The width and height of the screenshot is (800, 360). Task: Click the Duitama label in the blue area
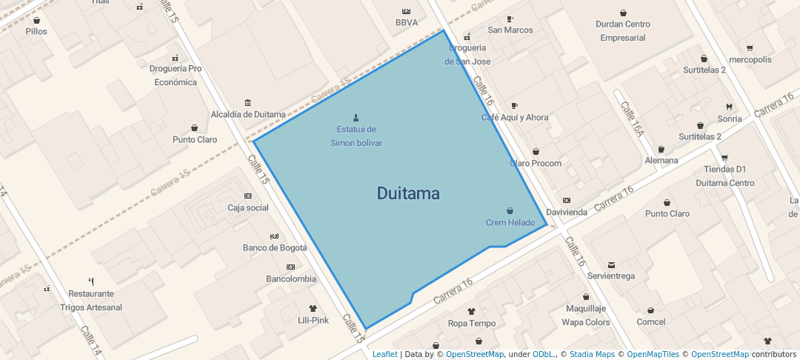click(x=408, y=194)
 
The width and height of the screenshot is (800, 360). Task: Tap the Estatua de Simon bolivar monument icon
click(x=356, y=118)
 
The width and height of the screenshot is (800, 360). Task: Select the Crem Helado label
click(x=510, y=222)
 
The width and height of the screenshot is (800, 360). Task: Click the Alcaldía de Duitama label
click(x=248, y=114)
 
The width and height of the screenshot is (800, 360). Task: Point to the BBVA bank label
click(x=407, y=22)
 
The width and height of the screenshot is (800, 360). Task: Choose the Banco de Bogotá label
click(x=275, y=247)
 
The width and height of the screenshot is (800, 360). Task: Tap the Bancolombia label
click(x=291, y=279)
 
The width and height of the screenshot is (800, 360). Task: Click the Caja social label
click(x=247, y=207)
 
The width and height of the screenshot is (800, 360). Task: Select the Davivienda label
click(x=566, y=212)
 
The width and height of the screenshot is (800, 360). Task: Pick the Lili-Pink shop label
click(x=313, y=320)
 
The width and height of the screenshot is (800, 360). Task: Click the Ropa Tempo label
click(x=472, y=323)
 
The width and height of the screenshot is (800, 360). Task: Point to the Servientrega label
click(x=611, y=276)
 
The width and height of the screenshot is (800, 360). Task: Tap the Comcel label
click(x=650, y=321)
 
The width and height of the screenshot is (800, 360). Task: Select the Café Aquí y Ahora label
click(x=515, y=117)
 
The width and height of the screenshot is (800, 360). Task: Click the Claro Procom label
click(x=536, y=163)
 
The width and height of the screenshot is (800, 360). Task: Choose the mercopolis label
click(x=750, y=59)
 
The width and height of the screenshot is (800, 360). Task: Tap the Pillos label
click(x=36, y=31)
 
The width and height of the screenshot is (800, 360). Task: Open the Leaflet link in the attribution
click(x=384, y=355)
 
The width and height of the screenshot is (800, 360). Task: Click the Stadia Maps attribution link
click(x=592, y=355)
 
